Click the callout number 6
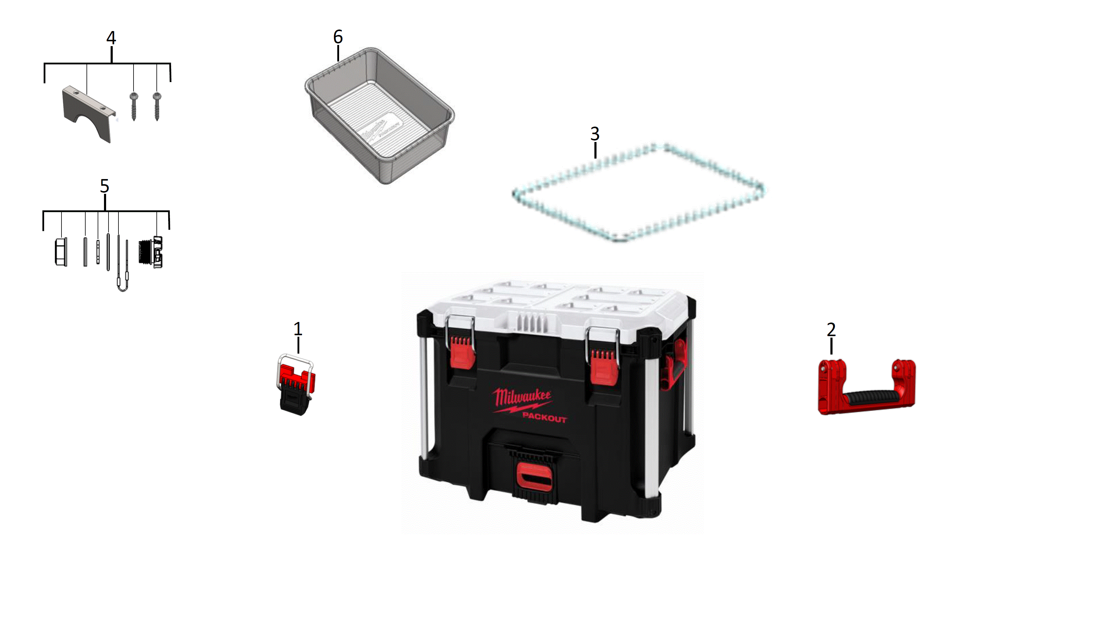coord(338,37)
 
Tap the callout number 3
coord(595,134)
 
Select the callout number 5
coord(105,186)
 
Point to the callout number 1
coord(298,329)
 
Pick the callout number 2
coord(831,330)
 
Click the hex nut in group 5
coord(61,252)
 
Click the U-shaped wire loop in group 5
coord(123,283)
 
